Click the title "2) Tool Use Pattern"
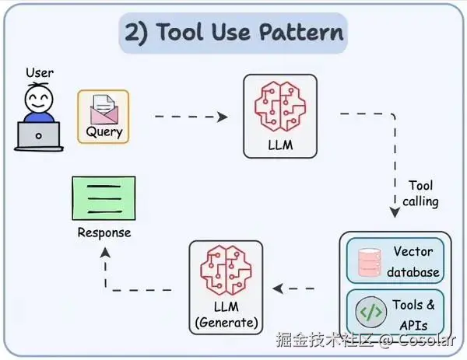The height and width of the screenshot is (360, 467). pos(233,32)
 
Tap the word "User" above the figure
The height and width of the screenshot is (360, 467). pos(40,72)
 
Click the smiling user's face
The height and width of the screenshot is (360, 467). pos(39,100)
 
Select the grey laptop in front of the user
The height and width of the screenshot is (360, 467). pos(39,136)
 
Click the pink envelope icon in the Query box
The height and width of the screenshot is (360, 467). pos(104,110)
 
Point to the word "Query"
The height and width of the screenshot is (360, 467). pos(104,132)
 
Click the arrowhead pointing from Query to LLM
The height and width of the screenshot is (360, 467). pos(222,117)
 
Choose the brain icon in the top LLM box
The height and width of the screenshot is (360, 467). pos(280,107)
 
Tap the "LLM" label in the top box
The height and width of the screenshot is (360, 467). pos(280,145)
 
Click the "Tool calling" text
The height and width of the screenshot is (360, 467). pos(420,194)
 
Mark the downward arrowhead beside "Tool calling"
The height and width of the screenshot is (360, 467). pos(395,211)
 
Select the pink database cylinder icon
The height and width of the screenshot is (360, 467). pos(370,262)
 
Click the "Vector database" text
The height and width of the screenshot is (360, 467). pos(413,262)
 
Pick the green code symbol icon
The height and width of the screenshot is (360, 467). pos(370,312)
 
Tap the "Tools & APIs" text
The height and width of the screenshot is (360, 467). pos(413,315)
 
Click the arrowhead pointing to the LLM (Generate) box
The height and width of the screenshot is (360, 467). pos(278,288)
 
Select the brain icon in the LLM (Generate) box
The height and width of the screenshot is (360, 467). pos(226,270)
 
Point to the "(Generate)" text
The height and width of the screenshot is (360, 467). pos(226,323)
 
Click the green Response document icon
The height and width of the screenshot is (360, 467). pos(104,198)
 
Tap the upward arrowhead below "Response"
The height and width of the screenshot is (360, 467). pos(105,253)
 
